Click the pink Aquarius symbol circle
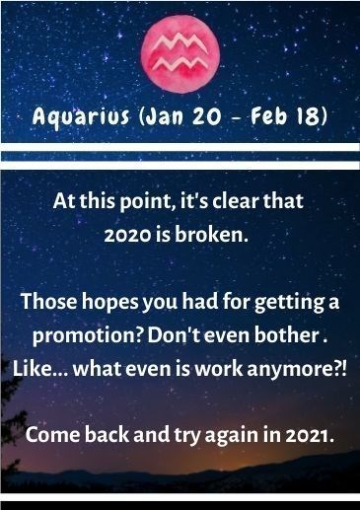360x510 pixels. tap(180, 54)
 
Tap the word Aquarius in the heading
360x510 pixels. tap(81, 116)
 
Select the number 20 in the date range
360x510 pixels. tap(206, 116)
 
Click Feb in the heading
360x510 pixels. tap(268, 116)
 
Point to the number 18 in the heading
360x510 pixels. tap(307, 116)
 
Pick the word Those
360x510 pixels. tap(49, 301)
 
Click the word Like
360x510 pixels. tap(32, 368)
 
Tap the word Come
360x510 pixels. tap(52, 435)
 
